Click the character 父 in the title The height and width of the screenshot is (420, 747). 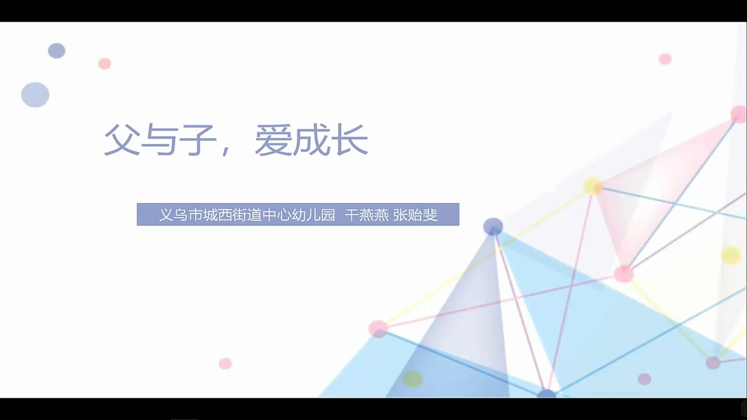[x=122, y=140]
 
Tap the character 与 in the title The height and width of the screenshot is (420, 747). [x=160, y=140]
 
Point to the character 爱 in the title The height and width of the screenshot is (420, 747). [x=273, y=140]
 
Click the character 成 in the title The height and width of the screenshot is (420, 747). [x=311, y=140]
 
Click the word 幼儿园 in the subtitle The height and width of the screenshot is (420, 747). [x=314, y=215]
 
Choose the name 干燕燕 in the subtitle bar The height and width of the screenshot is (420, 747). [x=366, y=215]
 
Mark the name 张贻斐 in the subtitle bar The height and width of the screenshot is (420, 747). [x=416, y=215]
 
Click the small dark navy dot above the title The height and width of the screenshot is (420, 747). [x=56, y=51]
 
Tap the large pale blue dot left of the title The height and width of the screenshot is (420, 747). [x=35, y=94]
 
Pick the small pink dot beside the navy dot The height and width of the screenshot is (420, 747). [x=104, y=63]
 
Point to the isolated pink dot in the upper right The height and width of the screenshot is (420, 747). [x=665, y=59]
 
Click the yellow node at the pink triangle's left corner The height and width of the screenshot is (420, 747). [x=593, y=186]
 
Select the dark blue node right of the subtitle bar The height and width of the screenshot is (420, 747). [x=493, y=227]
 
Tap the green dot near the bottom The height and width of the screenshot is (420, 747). [x=413, y=378]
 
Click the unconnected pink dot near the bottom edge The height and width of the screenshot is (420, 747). [x=225, y=364]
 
